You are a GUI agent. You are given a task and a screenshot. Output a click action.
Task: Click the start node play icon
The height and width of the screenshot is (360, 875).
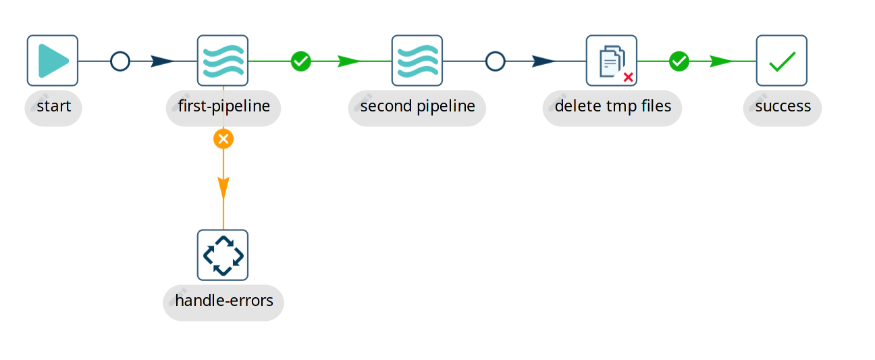(53, 61)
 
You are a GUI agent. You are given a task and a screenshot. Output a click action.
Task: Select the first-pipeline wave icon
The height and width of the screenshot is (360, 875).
(223, 61)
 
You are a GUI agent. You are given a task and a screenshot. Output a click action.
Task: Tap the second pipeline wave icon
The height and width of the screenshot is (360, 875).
(417, 61)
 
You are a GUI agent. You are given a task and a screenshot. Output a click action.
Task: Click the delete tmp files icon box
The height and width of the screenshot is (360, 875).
(612, 61)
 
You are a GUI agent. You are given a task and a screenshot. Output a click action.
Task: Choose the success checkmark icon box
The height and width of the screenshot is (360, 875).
(782, 61)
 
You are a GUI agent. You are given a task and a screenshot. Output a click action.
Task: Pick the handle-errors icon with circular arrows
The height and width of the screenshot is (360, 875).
(223, 255)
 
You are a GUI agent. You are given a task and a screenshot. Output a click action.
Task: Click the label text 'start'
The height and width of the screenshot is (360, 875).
(54, 107)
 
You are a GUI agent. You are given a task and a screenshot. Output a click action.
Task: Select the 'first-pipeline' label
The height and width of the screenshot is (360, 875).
(224, 107)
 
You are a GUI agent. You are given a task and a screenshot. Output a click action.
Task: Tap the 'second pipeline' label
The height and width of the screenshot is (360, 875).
(418, 107)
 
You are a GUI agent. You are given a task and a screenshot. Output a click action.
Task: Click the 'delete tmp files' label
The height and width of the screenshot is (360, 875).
(613, 107)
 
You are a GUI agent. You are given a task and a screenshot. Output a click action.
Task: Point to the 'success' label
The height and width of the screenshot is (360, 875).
(783, 107)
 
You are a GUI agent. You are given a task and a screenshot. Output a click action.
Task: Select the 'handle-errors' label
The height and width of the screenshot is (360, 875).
(224, 301)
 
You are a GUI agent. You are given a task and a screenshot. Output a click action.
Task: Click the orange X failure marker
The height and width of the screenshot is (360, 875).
(223, 139)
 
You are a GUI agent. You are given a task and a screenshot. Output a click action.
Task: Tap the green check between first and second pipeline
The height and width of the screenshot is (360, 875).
(301, 61)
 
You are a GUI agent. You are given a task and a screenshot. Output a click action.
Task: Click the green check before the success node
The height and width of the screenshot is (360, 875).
(679, 61)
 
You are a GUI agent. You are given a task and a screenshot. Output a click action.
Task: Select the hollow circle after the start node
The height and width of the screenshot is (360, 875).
(120, 61)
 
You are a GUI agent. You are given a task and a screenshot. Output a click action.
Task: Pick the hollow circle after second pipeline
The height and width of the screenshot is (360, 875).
(496, 61)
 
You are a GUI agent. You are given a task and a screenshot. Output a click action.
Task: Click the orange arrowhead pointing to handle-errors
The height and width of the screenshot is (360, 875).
(223, 188)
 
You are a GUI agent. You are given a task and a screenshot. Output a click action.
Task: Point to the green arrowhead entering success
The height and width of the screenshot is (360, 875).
(721, 61)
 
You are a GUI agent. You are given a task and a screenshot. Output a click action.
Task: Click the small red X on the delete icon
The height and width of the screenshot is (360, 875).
(629, 77)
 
